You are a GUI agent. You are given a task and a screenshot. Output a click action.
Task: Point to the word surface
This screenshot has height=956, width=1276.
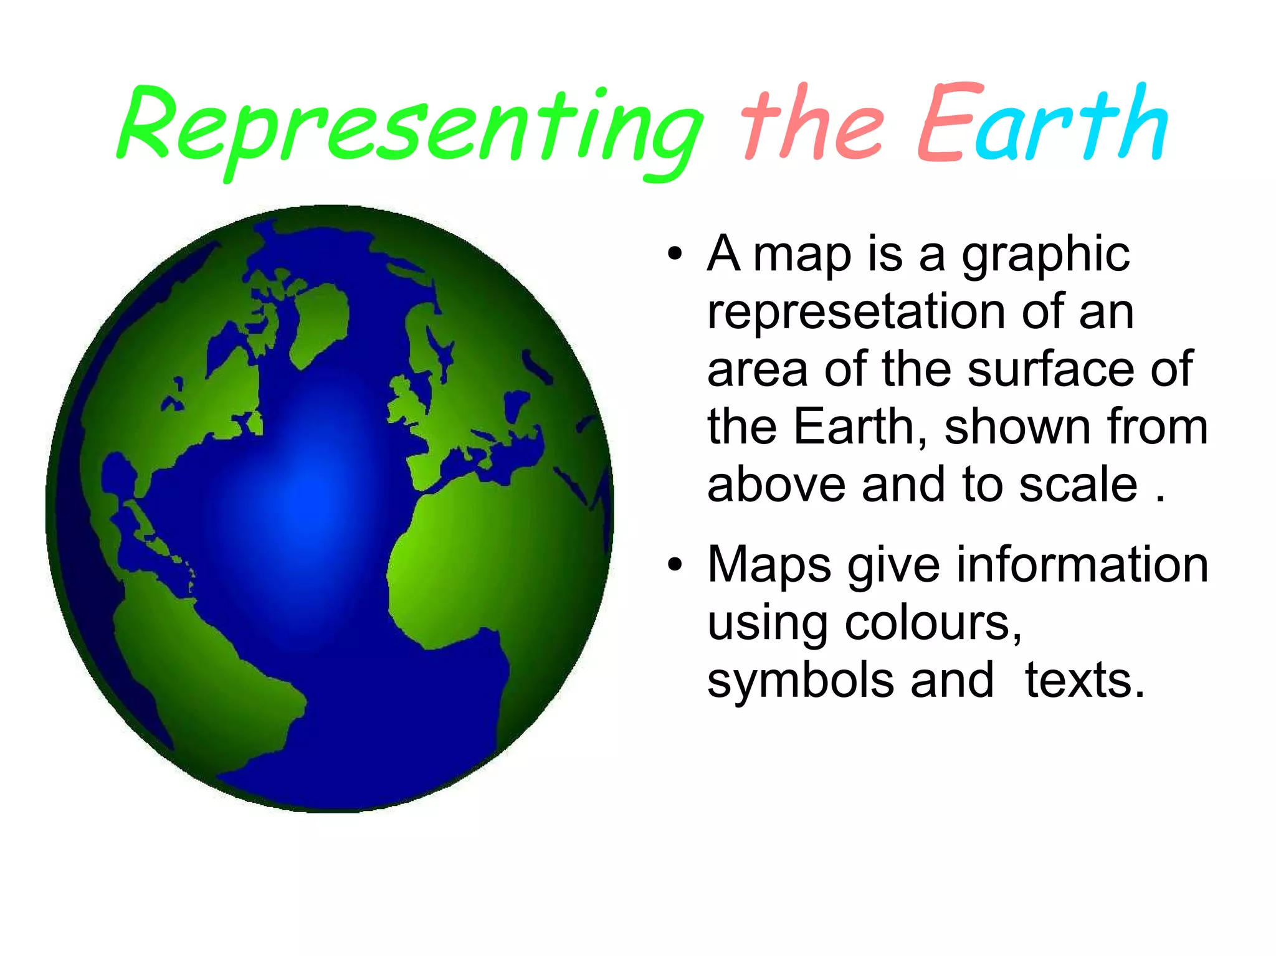pyautogui.click(x=1052, y=369)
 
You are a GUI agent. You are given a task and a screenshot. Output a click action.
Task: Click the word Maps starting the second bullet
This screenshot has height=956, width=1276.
pyautogui.click(x=769, y=564)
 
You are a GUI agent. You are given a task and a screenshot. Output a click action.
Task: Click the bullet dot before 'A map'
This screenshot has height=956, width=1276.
pyautogui.click(x=675, y=255)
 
